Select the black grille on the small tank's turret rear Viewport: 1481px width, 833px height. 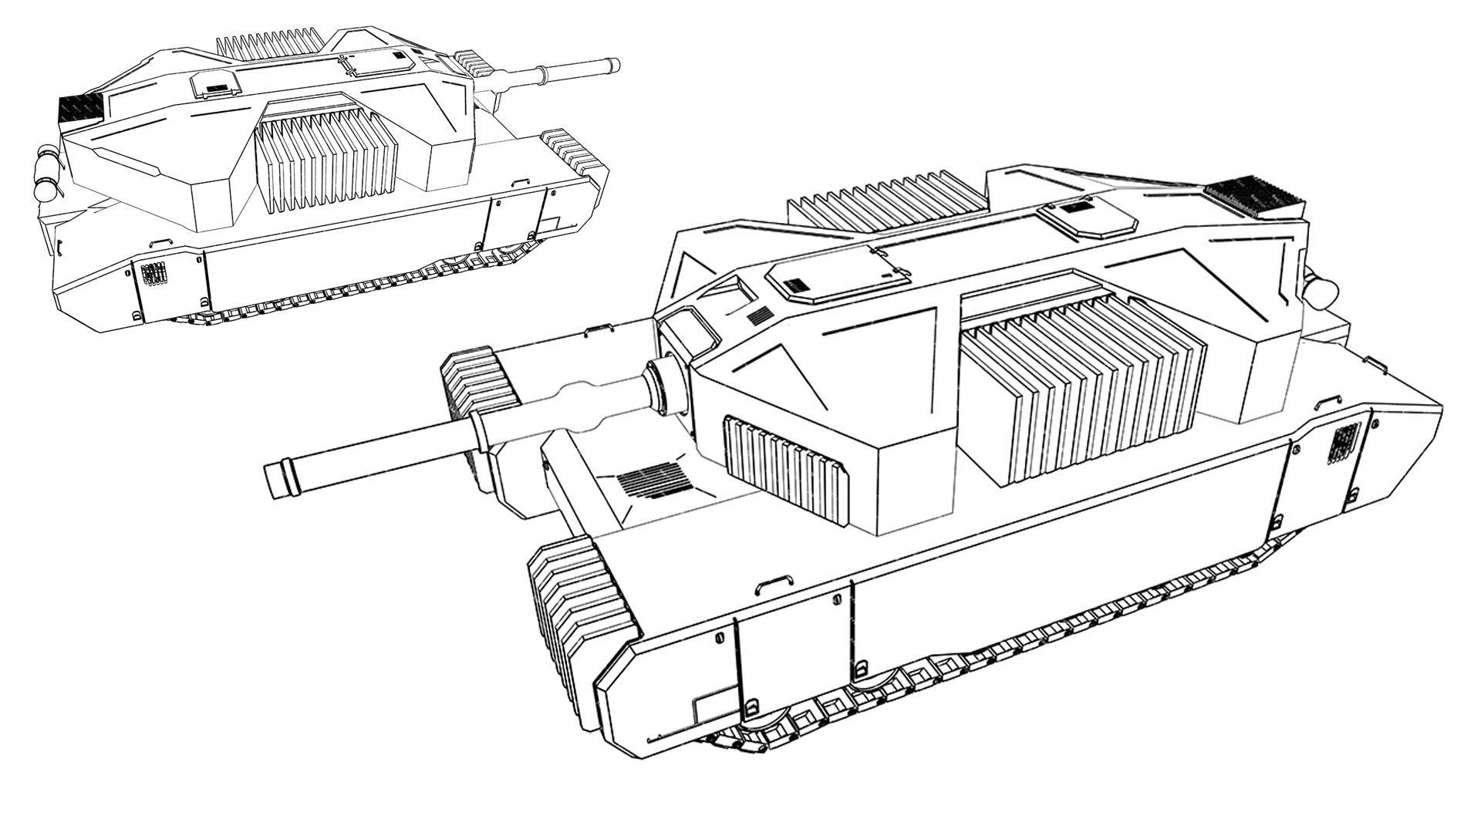click(80, 107)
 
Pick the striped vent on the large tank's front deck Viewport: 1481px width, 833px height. click(652, 481)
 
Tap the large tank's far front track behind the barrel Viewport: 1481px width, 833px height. click(480, 382)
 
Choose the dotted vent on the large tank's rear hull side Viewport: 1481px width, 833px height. click(1343, 444)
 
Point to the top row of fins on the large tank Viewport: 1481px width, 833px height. click(887, 197)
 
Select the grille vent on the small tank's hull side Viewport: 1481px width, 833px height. click(153, 274)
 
